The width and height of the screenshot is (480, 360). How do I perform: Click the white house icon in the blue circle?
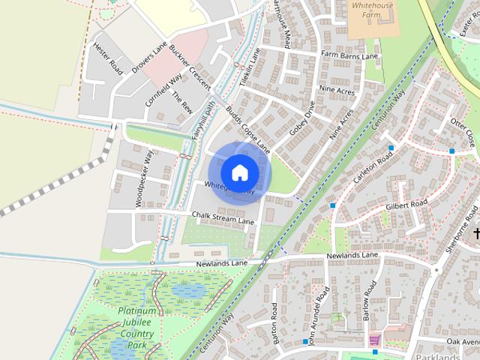tap(239, 172)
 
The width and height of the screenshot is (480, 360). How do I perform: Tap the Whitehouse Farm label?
tap(373, 8)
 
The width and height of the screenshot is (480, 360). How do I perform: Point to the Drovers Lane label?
tap(148, 58)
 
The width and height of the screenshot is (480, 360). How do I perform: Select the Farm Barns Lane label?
tap(349, 55)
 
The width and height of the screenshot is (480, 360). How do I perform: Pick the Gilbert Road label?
tap(406, 204)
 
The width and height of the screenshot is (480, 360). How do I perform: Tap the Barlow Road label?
tap(369, 300)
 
